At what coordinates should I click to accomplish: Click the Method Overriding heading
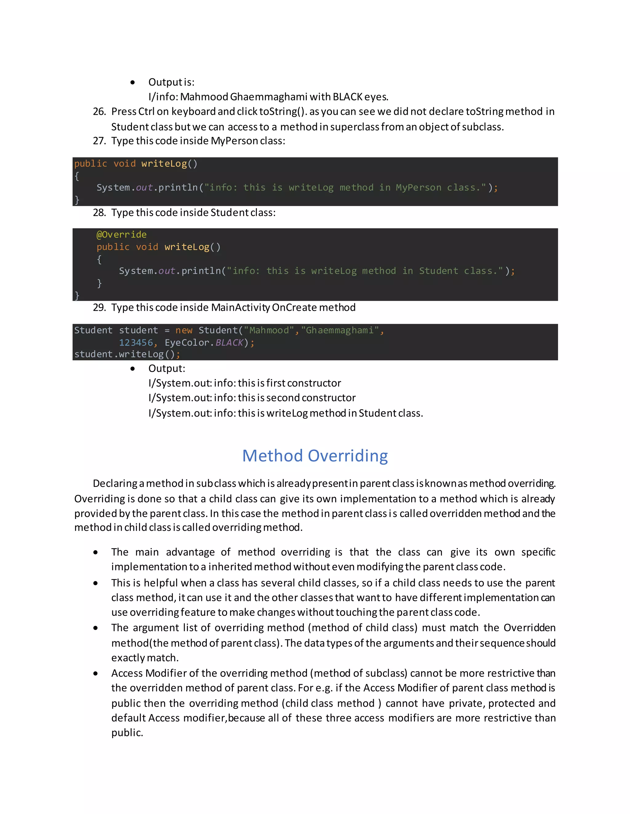(315, 456)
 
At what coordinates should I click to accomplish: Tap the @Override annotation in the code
(121, 234)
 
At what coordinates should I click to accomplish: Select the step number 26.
(99, 112)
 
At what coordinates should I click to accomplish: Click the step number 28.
(99, 213)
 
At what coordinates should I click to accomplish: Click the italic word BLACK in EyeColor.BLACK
(229, 342)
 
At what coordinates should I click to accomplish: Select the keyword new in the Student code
(184, 330)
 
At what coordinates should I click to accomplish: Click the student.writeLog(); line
(127, 354)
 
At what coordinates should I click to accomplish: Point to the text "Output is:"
(171, 82)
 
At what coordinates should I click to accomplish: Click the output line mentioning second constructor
(252, 398)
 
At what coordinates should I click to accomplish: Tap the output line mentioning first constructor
(245, 383)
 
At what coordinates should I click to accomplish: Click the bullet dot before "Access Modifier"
(96, 674)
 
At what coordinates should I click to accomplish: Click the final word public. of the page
(127, 733)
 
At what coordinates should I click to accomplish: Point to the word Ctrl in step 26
(146, 112)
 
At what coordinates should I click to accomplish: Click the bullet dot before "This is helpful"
(96, 583)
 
